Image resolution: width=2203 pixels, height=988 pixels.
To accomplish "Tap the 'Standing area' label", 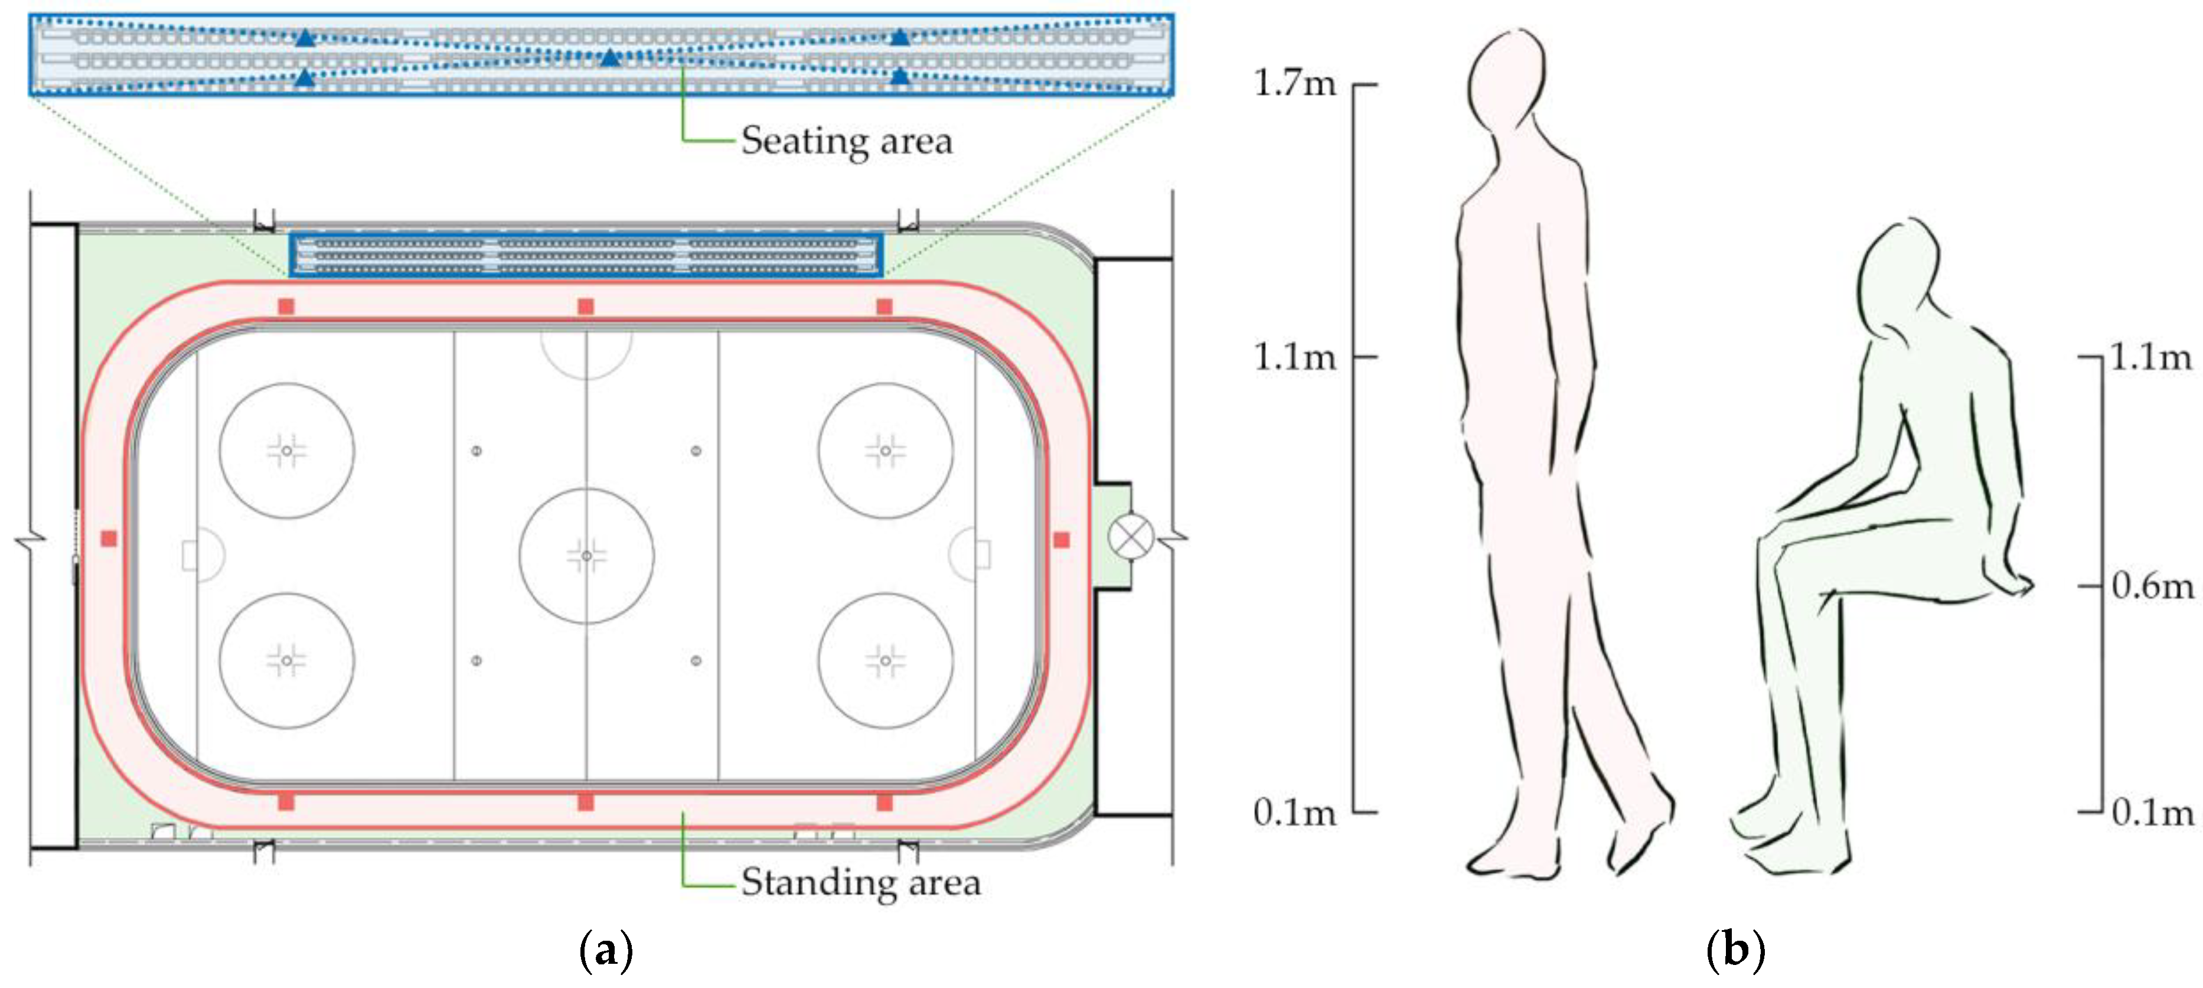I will click(x=860, y=882).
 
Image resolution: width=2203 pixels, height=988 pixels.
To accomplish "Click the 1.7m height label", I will click(x=1294, y=84).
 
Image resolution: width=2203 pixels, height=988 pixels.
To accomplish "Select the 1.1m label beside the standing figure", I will click(x=1294, y=357).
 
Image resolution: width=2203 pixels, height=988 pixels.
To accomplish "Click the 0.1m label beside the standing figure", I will click(x=1294, y=812).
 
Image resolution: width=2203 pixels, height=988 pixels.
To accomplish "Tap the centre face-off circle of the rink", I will click(x=587, y=556).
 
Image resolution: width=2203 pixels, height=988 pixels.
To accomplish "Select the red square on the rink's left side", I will click(x=109, y=538).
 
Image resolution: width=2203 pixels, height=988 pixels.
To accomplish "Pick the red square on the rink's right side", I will click(x=1061, y=540).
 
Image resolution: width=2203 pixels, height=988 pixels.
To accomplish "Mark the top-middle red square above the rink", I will click(x=586, y=306).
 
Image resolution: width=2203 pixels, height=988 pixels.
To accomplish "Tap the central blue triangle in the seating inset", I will click(x=610, y=58).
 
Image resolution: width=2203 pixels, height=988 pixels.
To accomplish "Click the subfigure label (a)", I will click(x=606, y=950).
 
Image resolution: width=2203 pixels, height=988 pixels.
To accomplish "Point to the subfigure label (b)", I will click(x=1735, y=950).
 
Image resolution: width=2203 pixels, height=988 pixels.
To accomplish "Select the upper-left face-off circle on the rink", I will click(x=286, y=450).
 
